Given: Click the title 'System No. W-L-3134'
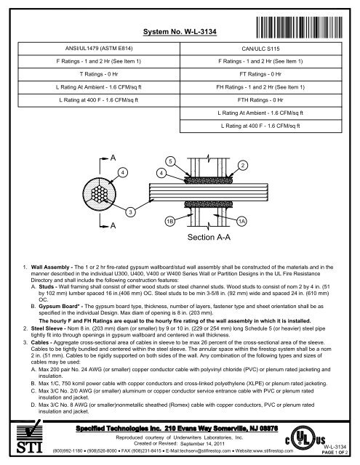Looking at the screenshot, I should (179, 33).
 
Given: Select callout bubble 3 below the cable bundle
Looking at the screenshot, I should (129, 211).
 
